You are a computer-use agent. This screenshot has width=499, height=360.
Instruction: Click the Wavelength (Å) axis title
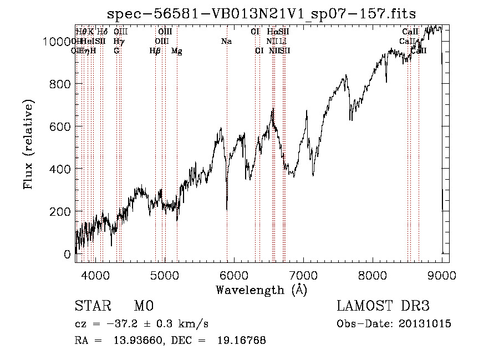pos(261,290)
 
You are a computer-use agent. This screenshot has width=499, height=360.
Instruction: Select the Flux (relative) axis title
pos(28,145)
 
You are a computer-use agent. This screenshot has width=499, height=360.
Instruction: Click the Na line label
pos(226,42)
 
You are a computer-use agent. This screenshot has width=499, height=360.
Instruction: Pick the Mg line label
pos(176,51)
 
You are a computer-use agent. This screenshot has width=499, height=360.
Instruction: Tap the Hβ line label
pos(155,51)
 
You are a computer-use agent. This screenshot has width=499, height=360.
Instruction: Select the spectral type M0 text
pos(143,306)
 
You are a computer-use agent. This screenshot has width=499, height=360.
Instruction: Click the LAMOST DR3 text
pos(383,306)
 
